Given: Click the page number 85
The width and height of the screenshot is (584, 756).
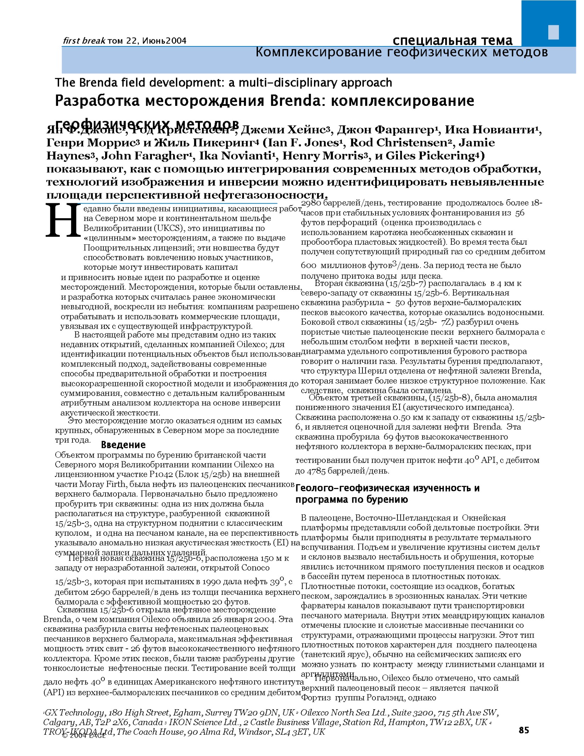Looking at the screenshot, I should point(524,730).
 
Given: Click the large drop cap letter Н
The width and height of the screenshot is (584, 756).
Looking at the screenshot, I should point(63,221).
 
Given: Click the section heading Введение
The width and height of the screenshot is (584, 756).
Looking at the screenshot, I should point(123,445).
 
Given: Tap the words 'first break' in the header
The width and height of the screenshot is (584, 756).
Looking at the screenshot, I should point(84,41).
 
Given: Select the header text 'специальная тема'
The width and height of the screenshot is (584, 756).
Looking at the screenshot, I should point(452,40).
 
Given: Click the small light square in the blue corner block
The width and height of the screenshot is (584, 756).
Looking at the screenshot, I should point(553,32).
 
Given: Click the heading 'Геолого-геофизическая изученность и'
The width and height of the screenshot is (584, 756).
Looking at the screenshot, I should point(387,488).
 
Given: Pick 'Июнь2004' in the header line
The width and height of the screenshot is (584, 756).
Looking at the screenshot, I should point(165,41).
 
